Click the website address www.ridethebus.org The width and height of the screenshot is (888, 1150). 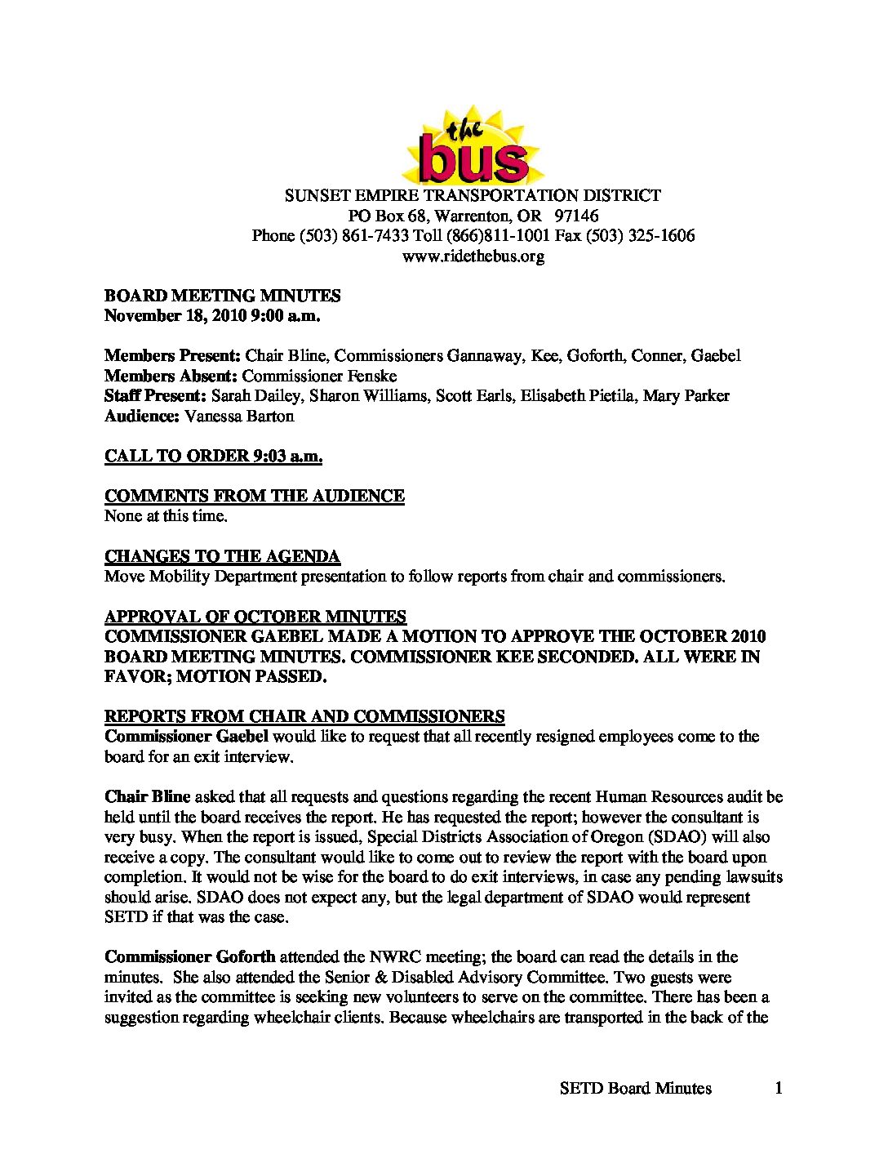(x=473, y=256)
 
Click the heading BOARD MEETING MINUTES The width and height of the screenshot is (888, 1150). (x=222, y=296)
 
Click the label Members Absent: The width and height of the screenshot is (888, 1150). (x=171, y=376)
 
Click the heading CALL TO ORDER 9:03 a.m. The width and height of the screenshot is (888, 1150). (x=213, y=456)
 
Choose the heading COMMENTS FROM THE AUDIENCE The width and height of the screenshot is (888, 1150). (x=255, y=496)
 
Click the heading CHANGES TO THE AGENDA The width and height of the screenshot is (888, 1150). (x=222, y=556)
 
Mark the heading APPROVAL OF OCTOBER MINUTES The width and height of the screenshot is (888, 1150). (x=255, y=617)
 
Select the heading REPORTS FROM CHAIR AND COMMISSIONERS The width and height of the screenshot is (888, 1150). (x=304, y=716)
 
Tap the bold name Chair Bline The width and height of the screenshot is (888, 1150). (x=147, y=796)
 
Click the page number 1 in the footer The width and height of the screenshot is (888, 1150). (x=779, y=1087)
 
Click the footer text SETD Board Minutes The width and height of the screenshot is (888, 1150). (x=636, y=1087)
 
